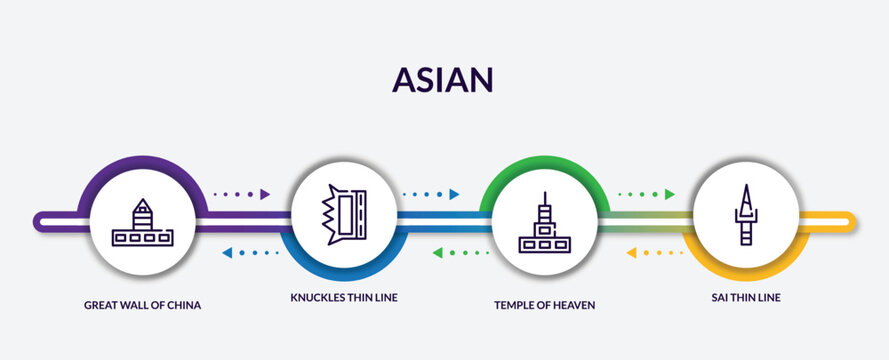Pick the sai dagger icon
(745, 215)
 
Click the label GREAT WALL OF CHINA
(143, 305)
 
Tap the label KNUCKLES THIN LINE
(343, 298)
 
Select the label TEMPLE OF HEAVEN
(544, 305)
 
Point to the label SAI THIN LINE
(745, 298)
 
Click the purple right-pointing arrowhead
(265, 194)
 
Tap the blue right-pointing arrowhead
(454, 194)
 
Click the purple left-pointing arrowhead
(227, 253)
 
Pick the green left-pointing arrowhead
(438, 253)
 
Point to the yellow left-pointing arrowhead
(632, 253)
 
